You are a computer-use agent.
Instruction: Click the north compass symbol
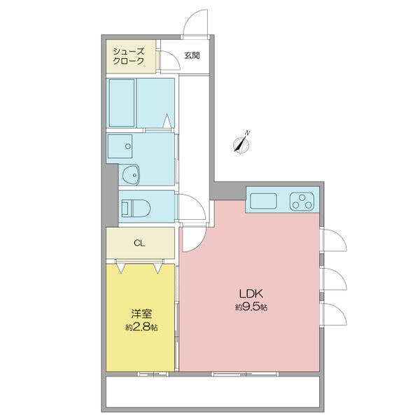[242, 144]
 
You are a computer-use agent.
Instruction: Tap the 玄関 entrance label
[192, 56]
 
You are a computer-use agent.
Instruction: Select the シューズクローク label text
[128, 56]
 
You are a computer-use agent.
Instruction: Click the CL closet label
[139, 243]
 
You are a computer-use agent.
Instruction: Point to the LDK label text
[251, 294]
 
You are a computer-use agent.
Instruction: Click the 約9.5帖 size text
[251, 307]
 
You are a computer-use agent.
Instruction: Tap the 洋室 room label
[141, 314]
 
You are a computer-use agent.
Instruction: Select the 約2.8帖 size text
[141, 327]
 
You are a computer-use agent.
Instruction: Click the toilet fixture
[136, 208]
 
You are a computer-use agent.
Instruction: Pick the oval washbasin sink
[131, 174]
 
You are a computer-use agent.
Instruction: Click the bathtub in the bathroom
[122, 103]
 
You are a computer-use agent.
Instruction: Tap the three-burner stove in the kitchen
[302, 201]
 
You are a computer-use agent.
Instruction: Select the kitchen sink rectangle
[264, 201]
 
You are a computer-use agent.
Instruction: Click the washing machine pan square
[120, 146]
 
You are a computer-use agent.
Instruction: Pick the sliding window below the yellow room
[153, 374]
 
